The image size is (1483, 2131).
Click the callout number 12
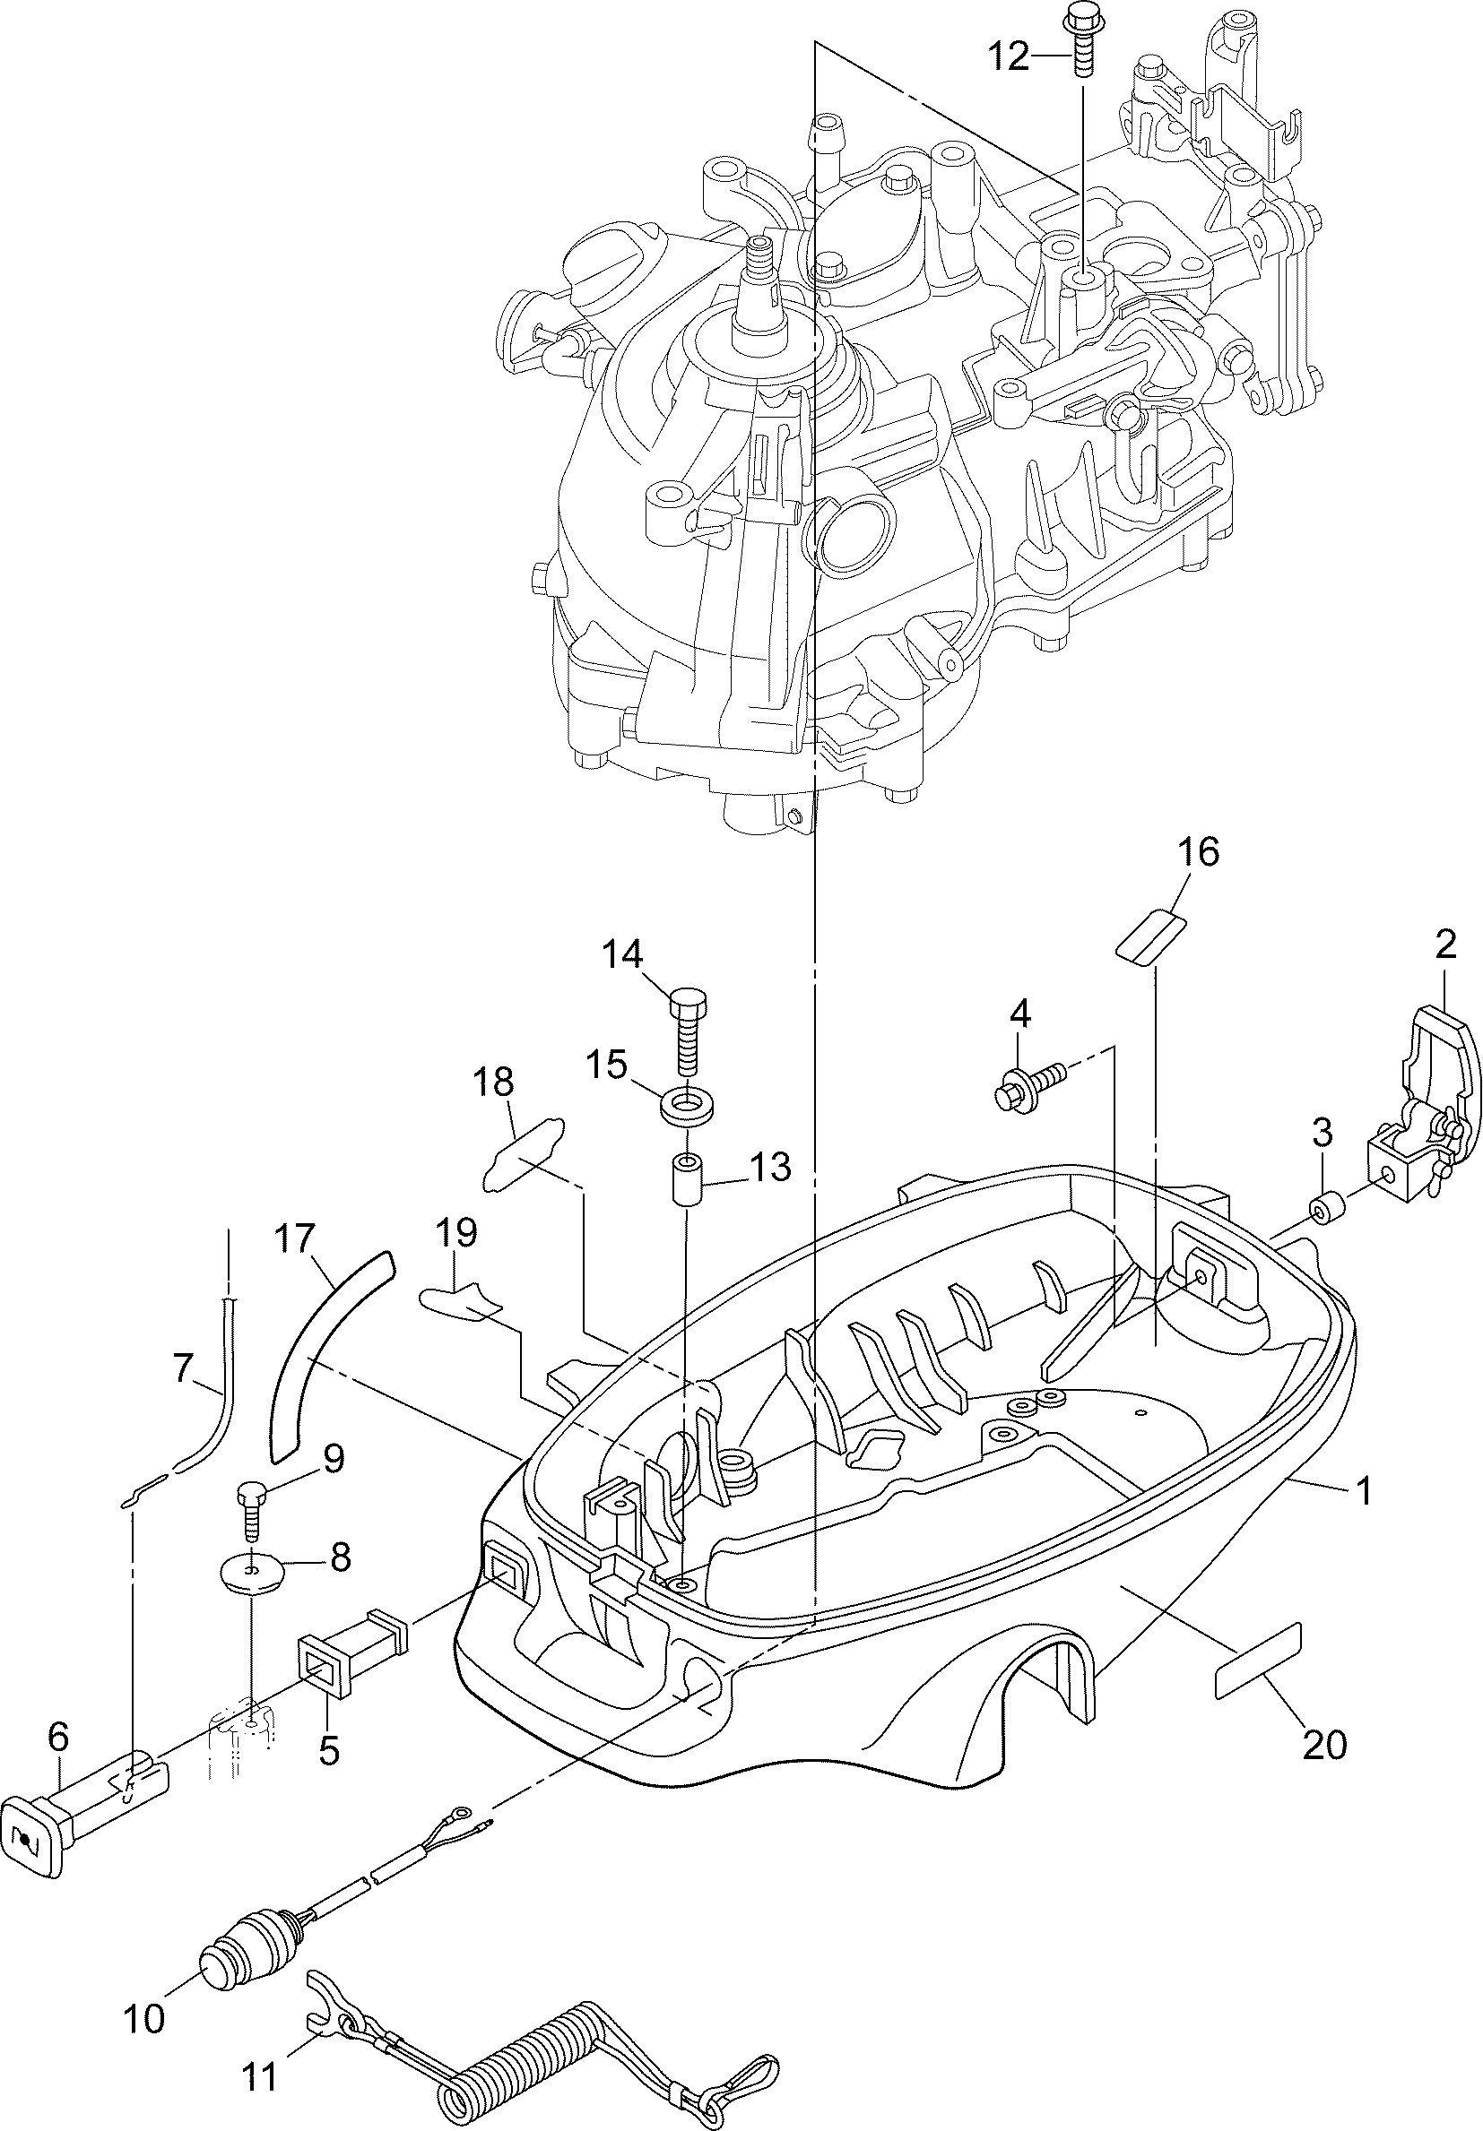[x=1008, y=57]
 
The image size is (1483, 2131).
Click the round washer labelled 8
[x=252, y=1571]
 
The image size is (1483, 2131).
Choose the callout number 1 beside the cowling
[x=1362, y=1491]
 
